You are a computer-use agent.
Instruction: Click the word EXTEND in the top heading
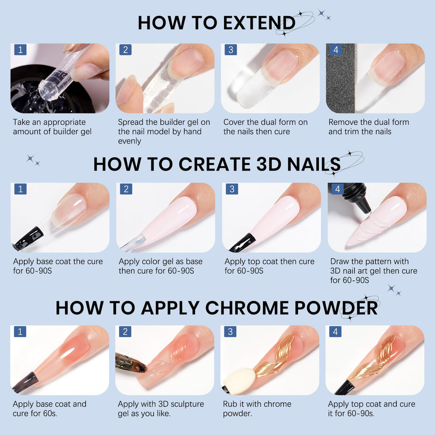pos(259,23)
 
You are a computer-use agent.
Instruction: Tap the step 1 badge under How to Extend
pos(20,50)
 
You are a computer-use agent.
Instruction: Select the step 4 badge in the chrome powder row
pos(335,331)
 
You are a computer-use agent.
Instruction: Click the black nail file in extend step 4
pos(341,78)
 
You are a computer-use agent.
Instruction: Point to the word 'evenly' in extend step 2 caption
pos(130,141)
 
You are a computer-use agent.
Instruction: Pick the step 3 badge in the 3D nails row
pos(232,189)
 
